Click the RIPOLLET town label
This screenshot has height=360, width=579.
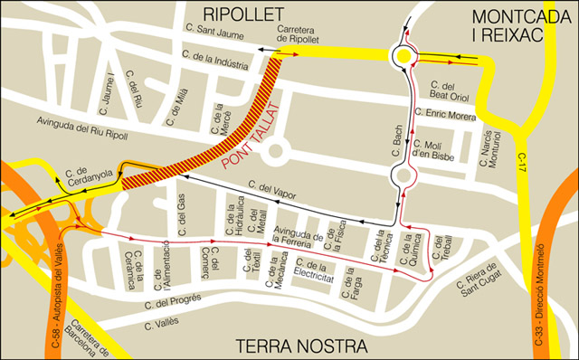coord(243,13)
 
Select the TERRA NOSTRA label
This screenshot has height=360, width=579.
coord(301,346)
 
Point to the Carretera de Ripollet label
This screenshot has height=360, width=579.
coord(298,35)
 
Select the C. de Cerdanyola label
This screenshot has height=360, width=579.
coord(89,173)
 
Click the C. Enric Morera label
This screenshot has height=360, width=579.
coord(444,115)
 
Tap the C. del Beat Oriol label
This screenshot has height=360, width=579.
coord(450,91)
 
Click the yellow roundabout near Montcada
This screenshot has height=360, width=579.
coord(402,58)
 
